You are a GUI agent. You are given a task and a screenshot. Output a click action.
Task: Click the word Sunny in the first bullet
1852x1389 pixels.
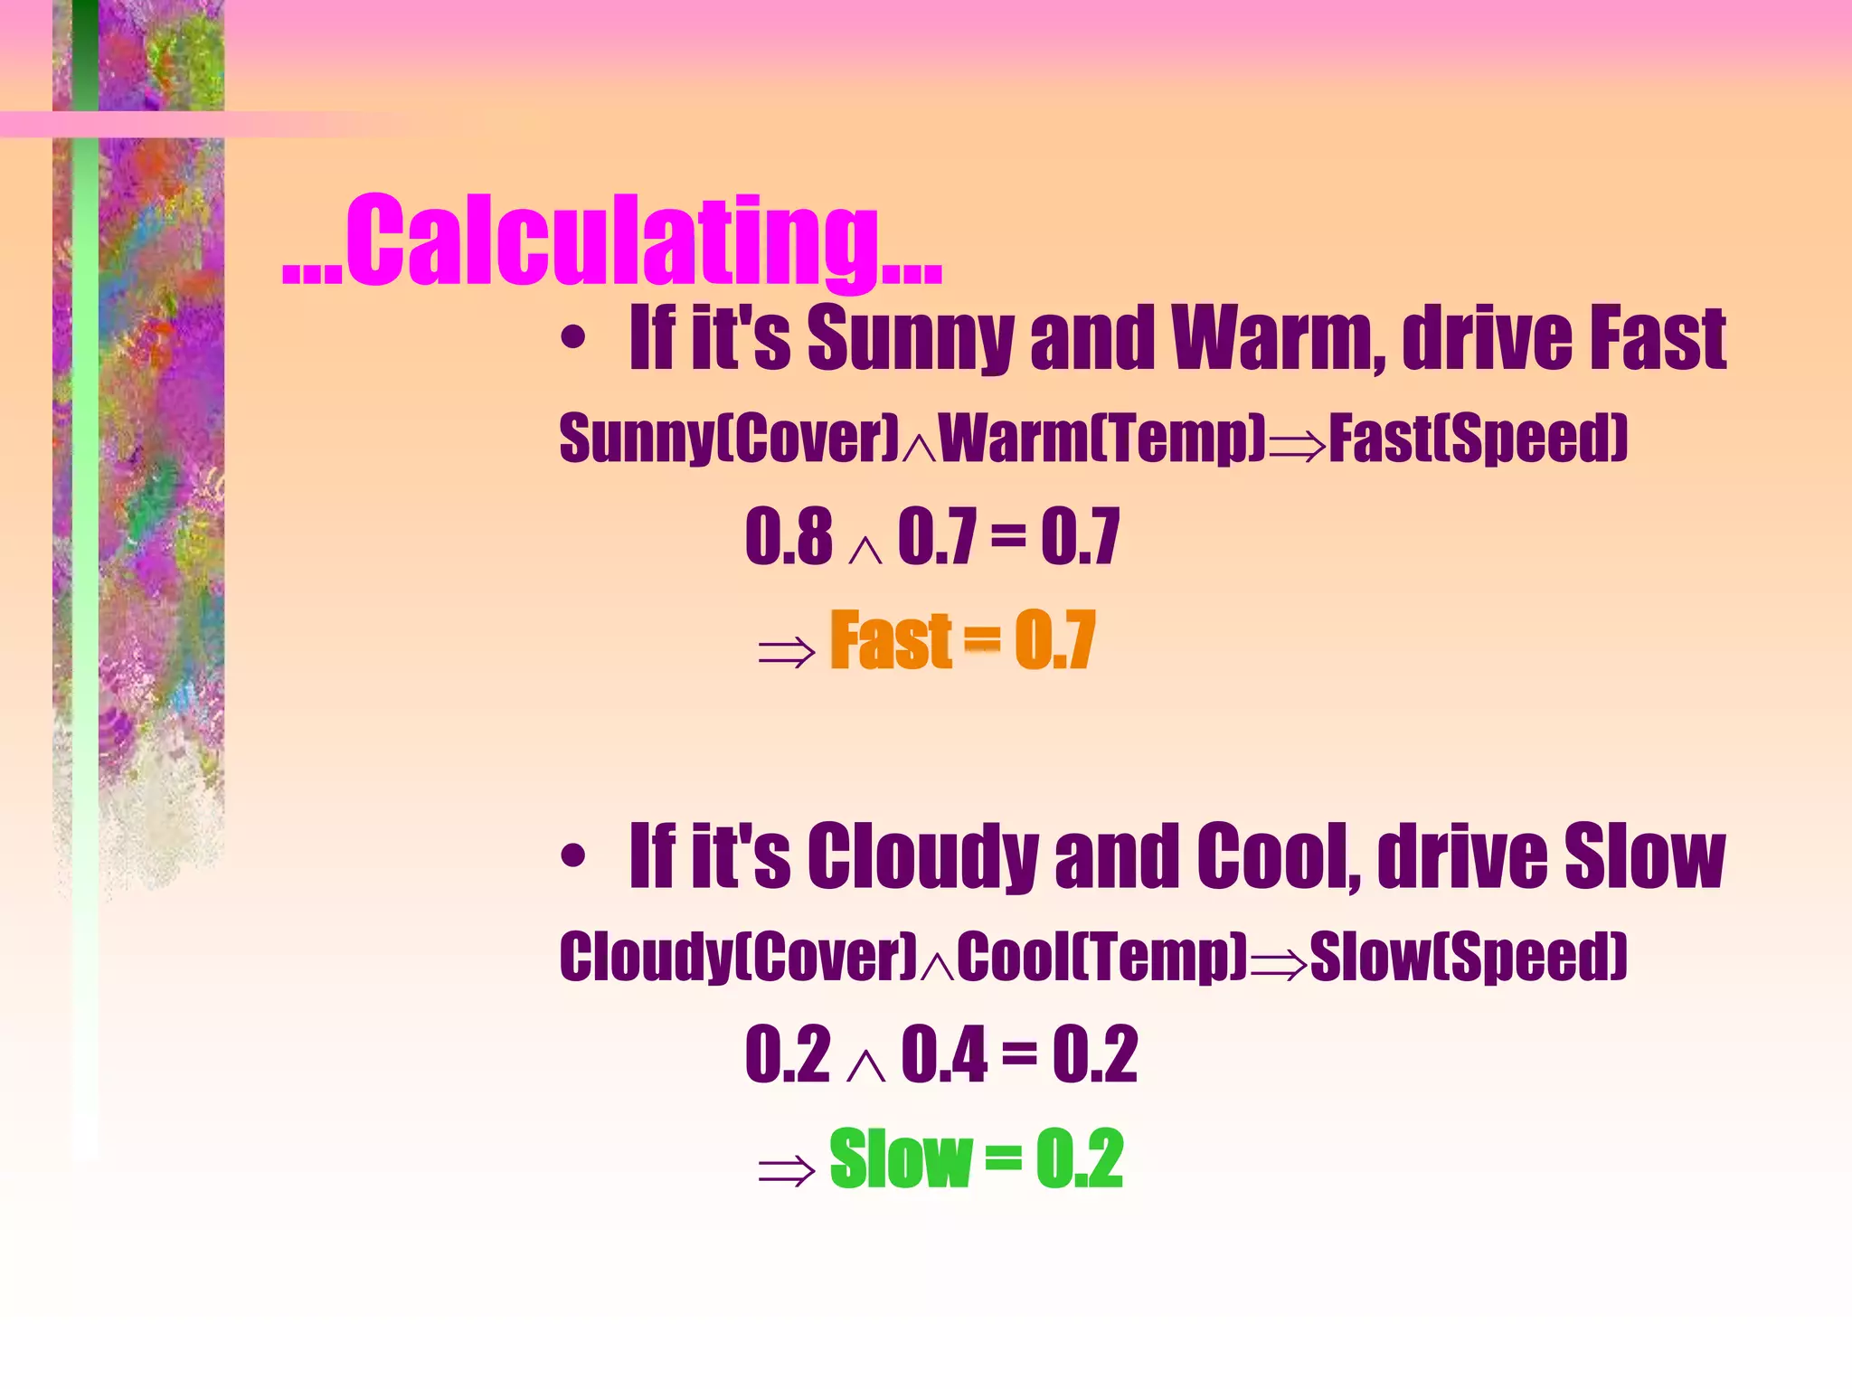pyautogui.click(x=909, y=339)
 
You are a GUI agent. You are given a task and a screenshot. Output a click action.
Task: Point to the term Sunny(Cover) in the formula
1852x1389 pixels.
pyautogui.click(x=729, y=439)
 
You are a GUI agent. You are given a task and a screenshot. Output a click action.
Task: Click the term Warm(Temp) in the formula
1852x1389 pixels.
pyautogui.click(x=1102, y=439)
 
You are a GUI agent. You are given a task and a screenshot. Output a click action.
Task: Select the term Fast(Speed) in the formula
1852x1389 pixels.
pyautogui.click(x=1478, y=439)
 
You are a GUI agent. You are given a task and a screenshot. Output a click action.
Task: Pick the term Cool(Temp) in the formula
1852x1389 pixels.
pyautogui.click(x=1101, y=956)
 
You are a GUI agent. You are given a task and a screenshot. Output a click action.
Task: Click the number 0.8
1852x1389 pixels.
pyautogui.click(x=788, y=536)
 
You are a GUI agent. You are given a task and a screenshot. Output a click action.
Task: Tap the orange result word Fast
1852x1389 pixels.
pyautogui.click(x=891, y=640)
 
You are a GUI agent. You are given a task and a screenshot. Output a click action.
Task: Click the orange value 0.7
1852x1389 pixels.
pyautogui.click(x=1054, y=640)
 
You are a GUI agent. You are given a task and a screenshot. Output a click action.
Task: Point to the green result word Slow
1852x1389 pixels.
pyautogui.click(x=900, y=1158)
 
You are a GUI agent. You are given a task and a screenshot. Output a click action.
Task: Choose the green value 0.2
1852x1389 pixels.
pyautogui.click(x=1079, y=1158)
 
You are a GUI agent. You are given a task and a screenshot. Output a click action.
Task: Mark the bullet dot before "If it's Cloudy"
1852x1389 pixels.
pyautogui.click(x=572, y=856)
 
